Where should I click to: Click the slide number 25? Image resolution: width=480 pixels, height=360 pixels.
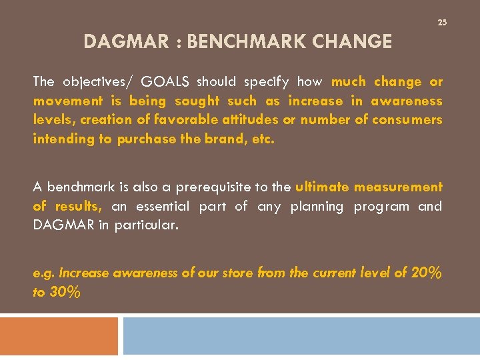tap(441, 23)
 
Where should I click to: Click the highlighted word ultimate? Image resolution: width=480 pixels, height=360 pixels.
tap(322, 187)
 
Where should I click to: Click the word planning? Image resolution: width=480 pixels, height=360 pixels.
tap(317, 207)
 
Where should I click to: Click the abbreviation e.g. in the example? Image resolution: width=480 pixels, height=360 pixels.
tap(44, 273)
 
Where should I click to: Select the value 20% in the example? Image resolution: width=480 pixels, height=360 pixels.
tap(424, 273)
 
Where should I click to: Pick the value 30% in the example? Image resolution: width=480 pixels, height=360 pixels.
tap(65, 292)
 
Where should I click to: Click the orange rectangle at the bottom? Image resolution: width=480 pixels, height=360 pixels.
tap(59, 336)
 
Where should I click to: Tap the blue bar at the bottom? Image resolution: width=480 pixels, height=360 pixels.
tap(301, 336)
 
